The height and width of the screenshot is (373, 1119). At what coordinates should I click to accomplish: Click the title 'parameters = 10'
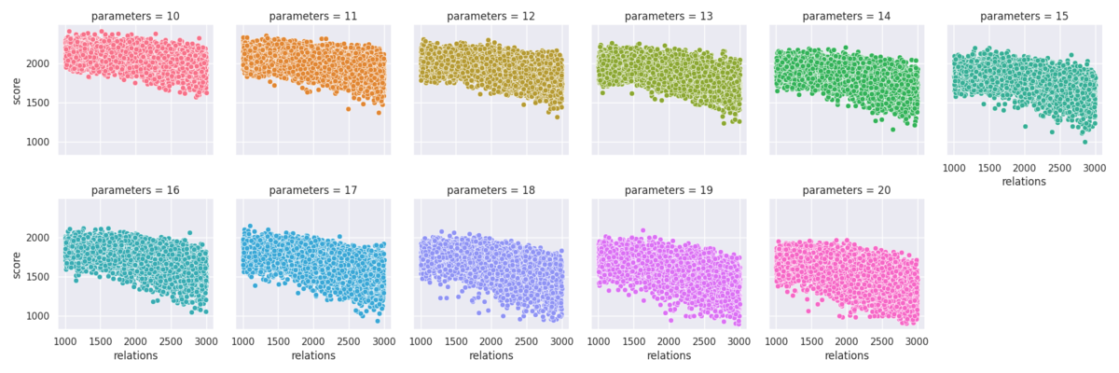pos(135,16)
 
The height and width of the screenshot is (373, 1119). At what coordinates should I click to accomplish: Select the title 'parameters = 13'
pos(669,16)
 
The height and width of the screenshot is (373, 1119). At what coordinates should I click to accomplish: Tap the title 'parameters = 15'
pos(1024,16)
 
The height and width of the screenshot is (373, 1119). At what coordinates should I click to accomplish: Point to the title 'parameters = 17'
pos(313,190)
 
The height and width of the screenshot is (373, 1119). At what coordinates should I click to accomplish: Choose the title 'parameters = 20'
pos(847,190)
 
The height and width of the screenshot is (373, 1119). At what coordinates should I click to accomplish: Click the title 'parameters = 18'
pos(491,190)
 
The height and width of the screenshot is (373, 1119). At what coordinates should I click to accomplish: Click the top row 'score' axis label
pos(16,91)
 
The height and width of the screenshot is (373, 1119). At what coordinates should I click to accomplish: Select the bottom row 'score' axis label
pos(16,265)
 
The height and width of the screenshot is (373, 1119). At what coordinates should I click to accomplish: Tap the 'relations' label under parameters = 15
pos(1024,181)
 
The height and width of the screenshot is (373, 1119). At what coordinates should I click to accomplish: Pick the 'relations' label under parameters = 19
pos(669,355)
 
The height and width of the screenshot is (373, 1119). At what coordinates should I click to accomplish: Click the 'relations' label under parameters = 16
pos(135,355)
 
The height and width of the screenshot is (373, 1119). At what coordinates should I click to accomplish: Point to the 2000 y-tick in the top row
pos(38,64)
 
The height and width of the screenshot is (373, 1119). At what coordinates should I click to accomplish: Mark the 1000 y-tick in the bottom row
pos(38,316)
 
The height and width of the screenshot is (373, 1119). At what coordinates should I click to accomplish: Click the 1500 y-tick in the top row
pos(38,103)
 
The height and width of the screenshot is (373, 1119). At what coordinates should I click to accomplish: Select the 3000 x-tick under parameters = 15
pos(1094,168)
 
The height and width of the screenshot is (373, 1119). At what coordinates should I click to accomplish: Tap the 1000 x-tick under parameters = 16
pos(65,341)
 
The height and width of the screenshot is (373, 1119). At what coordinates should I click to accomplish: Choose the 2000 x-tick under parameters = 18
pos(491,341)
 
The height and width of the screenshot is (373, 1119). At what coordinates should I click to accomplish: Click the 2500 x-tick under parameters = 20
pos(882,341)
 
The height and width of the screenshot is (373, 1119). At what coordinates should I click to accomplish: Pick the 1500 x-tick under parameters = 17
pos(278,341)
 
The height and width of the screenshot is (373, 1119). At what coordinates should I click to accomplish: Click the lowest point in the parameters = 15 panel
pos(1084,143)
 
